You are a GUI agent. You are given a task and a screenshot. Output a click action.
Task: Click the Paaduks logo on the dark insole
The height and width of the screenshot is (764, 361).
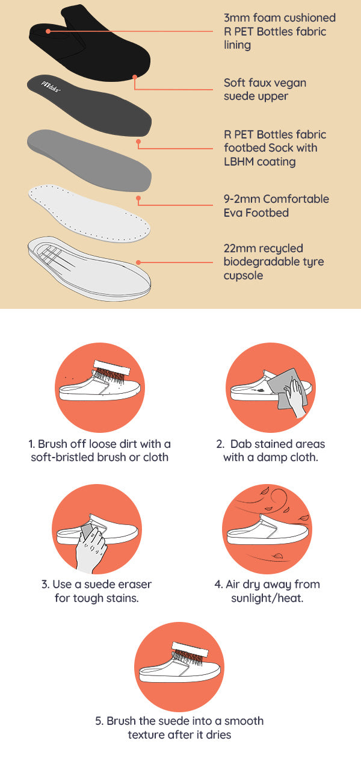[51, 87]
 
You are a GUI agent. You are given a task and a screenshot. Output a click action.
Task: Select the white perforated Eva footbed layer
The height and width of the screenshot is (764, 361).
[89, 214]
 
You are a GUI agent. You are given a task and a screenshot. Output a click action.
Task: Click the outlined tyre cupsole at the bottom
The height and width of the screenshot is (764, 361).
[89, 269]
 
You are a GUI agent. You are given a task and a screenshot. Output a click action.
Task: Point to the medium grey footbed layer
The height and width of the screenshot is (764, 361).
[89, 160]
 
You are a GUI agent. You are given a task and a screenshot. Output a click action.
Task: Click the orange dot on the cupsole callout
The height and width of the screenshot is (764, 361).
[138, 262]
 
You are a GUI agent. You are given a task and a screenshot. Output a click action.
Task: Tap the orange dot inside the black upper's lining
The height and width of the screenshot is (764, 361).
[48, 31]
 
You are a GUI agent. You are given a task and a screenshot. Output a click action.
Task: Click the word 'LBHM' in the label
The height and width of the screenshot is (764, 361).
[239, 161]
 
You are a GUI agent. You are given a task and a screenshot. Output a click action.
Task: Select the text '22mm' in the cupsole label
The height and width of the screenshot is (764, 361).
[239, 248]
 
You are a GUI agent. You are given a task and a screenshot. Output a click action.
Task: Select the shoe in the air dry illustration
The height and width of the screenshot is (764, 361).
[268, 529]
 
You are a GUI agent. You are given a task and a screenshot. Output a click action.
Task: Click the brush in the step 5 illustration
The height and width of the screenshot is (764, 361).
[190, 654]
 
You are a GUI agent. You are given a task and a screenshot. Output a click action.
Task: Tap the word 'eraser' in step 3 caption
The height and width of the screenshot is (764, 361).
[135, 584]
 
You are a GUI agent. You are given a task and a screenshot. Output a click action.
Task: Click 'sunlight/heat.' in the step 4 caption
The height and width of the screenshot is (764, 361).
[267, 598]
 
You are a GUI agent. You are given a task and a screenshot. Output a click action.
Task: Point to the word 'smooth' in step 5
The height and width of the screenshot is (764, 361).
[244, 721]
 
